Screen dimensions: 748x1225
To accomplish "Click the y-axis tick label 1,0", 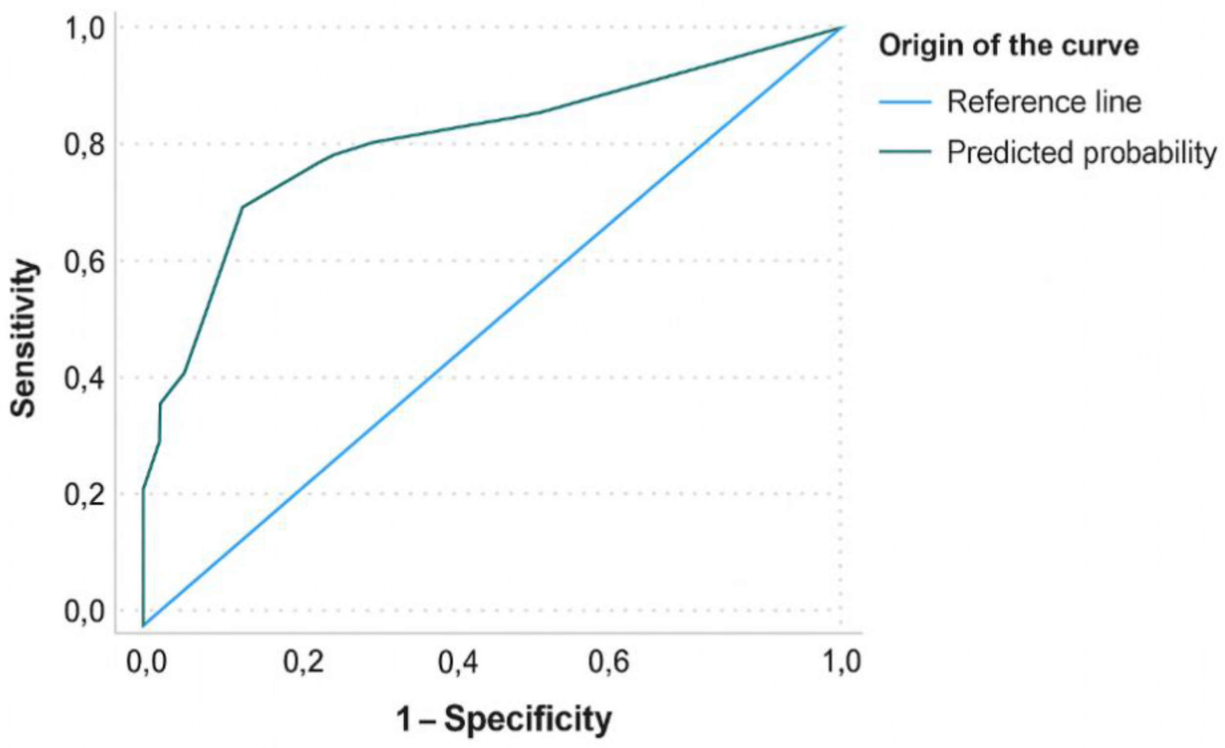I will (85, 30).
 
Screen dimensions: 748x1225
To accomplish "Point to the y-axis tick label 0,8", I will (85, 146).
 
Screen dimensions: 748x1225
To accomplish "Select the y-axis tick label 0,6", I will (85, 262).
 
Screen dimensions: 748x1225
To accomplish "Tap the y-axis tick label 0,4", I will (85, 379).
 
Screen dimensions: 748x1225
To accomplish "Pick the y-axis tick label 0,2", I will (85, 495).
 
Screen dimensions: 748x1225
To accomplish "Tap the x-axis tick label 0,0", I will (146, 663).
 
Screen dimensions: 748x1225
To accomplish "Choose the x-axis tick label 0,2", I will (303, 663).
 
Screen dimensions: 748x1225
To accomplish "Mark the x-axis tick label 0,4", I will (458, 663).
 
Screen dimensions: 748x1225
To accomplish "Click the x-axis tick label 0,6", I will (609, 663).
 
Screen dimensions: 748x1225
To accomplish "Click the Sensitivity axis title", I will (24, 338).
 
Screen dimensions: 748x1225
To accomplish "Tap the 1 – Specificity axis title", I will (503, 719).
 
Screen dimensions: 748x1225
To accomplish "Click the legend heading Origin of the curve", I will (1009, 46).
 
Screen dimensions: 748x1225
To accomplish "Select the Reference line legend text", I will (1044, 103).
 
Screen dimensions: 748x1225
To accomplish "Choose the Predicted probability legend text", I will (1082, 152).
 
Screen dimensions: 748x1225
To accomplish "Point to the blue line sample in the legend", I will (905, 103).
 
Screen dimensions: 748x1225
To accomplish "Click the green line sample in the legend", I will (905, 151).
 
